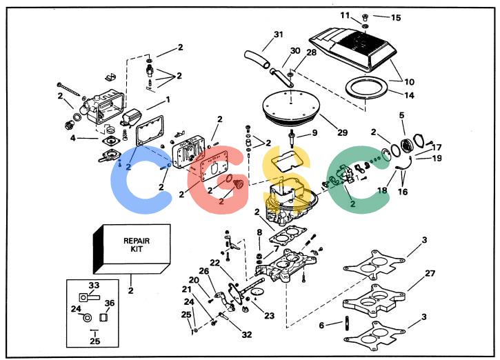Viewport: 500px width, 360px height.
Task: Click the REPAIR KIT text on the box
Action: click(137, 245)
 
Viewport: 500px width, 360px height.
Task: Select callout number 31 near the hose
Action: click(279, 34)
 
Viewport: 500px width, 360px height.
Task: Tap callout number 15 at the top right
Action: click(396, 17)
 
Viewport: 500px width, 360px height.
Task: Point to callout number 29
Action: click(342, 132)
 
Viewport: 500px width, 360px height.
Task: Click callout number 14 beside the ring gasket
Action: click(410, 95)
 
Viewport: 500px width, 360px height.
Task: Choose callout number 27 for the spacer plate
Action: click(430, 273)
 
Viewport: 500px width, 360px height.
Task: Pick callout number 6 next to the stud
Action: click(321, 325)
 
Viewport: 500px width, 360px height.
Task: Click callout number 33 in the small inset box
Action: click(94, 285)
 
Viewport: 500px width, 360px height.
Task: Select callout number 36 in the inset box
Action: click(110, 303)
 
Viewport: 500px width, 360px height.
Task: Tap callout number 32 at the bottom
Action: click(247, 334)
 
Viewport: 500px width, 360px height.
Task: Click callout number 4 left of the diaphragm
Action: click(73, 138)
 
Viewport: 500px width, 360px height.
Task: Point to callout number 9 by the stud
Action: click(314, 132)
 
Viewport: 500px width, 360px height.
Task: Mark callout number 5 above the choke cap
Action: click(401, 115)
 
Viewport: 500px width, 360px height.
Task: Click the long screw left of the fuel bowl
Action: click(68, 89)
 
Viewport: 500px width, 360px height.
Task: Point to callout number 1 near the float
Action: click(168, 100)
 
